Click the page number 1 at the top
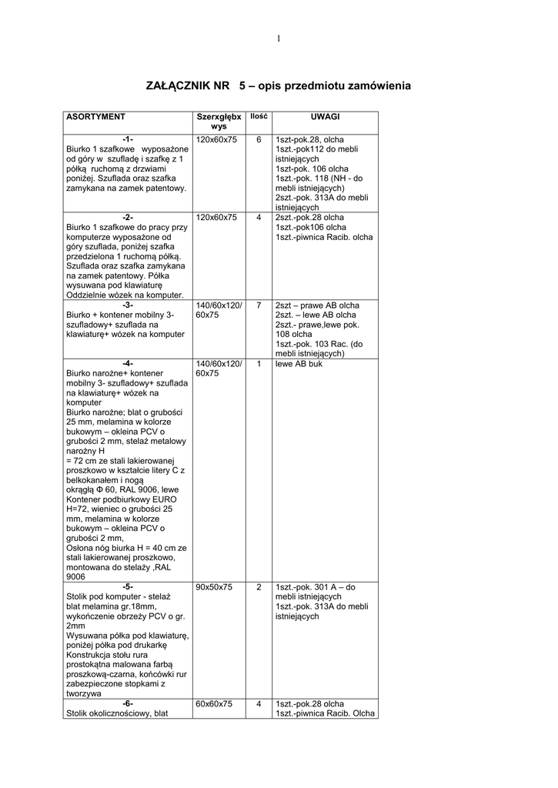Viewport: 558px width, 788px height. click(279, 39)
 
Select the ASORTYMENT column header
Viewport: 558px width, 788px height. click(95, 117)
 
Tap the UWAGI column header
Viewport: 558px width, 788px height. click(325, 116)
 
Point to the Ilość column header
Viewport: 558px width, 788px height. click(259, 116)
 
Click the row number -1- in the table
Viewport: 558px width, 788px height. click(128, 139)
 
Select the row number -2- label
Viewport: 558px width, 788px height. click(128, 218)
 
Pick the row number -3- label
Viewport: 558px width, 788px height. click(128, 306)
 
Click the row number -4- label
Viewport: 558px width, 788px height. click(128, 363)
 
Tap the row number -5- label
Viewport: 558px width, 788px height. click(128, 587)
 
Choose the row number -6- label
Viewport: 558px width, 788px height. click(128, 703)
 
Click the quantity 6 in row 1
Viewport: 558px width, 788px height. click(259, 139)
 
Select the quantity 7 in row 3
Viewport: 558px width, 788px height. click(259, 306)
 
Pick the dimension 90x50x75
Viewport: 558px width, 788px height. click(214, 587)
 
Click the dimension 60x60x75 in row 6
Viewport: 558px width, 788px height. click(214, 703)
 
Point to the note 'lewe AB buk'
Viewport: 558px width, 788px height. click(299, 363)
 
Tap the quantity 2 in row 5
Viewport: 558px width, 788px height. click(259, 587)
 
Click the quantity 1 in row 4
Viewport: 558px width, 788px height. click(259, 363)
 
